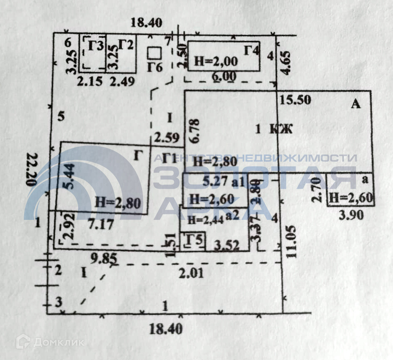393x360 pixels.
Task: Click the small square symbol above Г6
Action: (155, 53)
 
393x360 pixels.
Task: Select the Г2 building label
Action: (125, 44)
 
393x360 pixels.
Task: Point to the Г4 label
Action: (252, 51)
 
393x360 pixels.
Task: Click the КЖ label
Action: (281, 129)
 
